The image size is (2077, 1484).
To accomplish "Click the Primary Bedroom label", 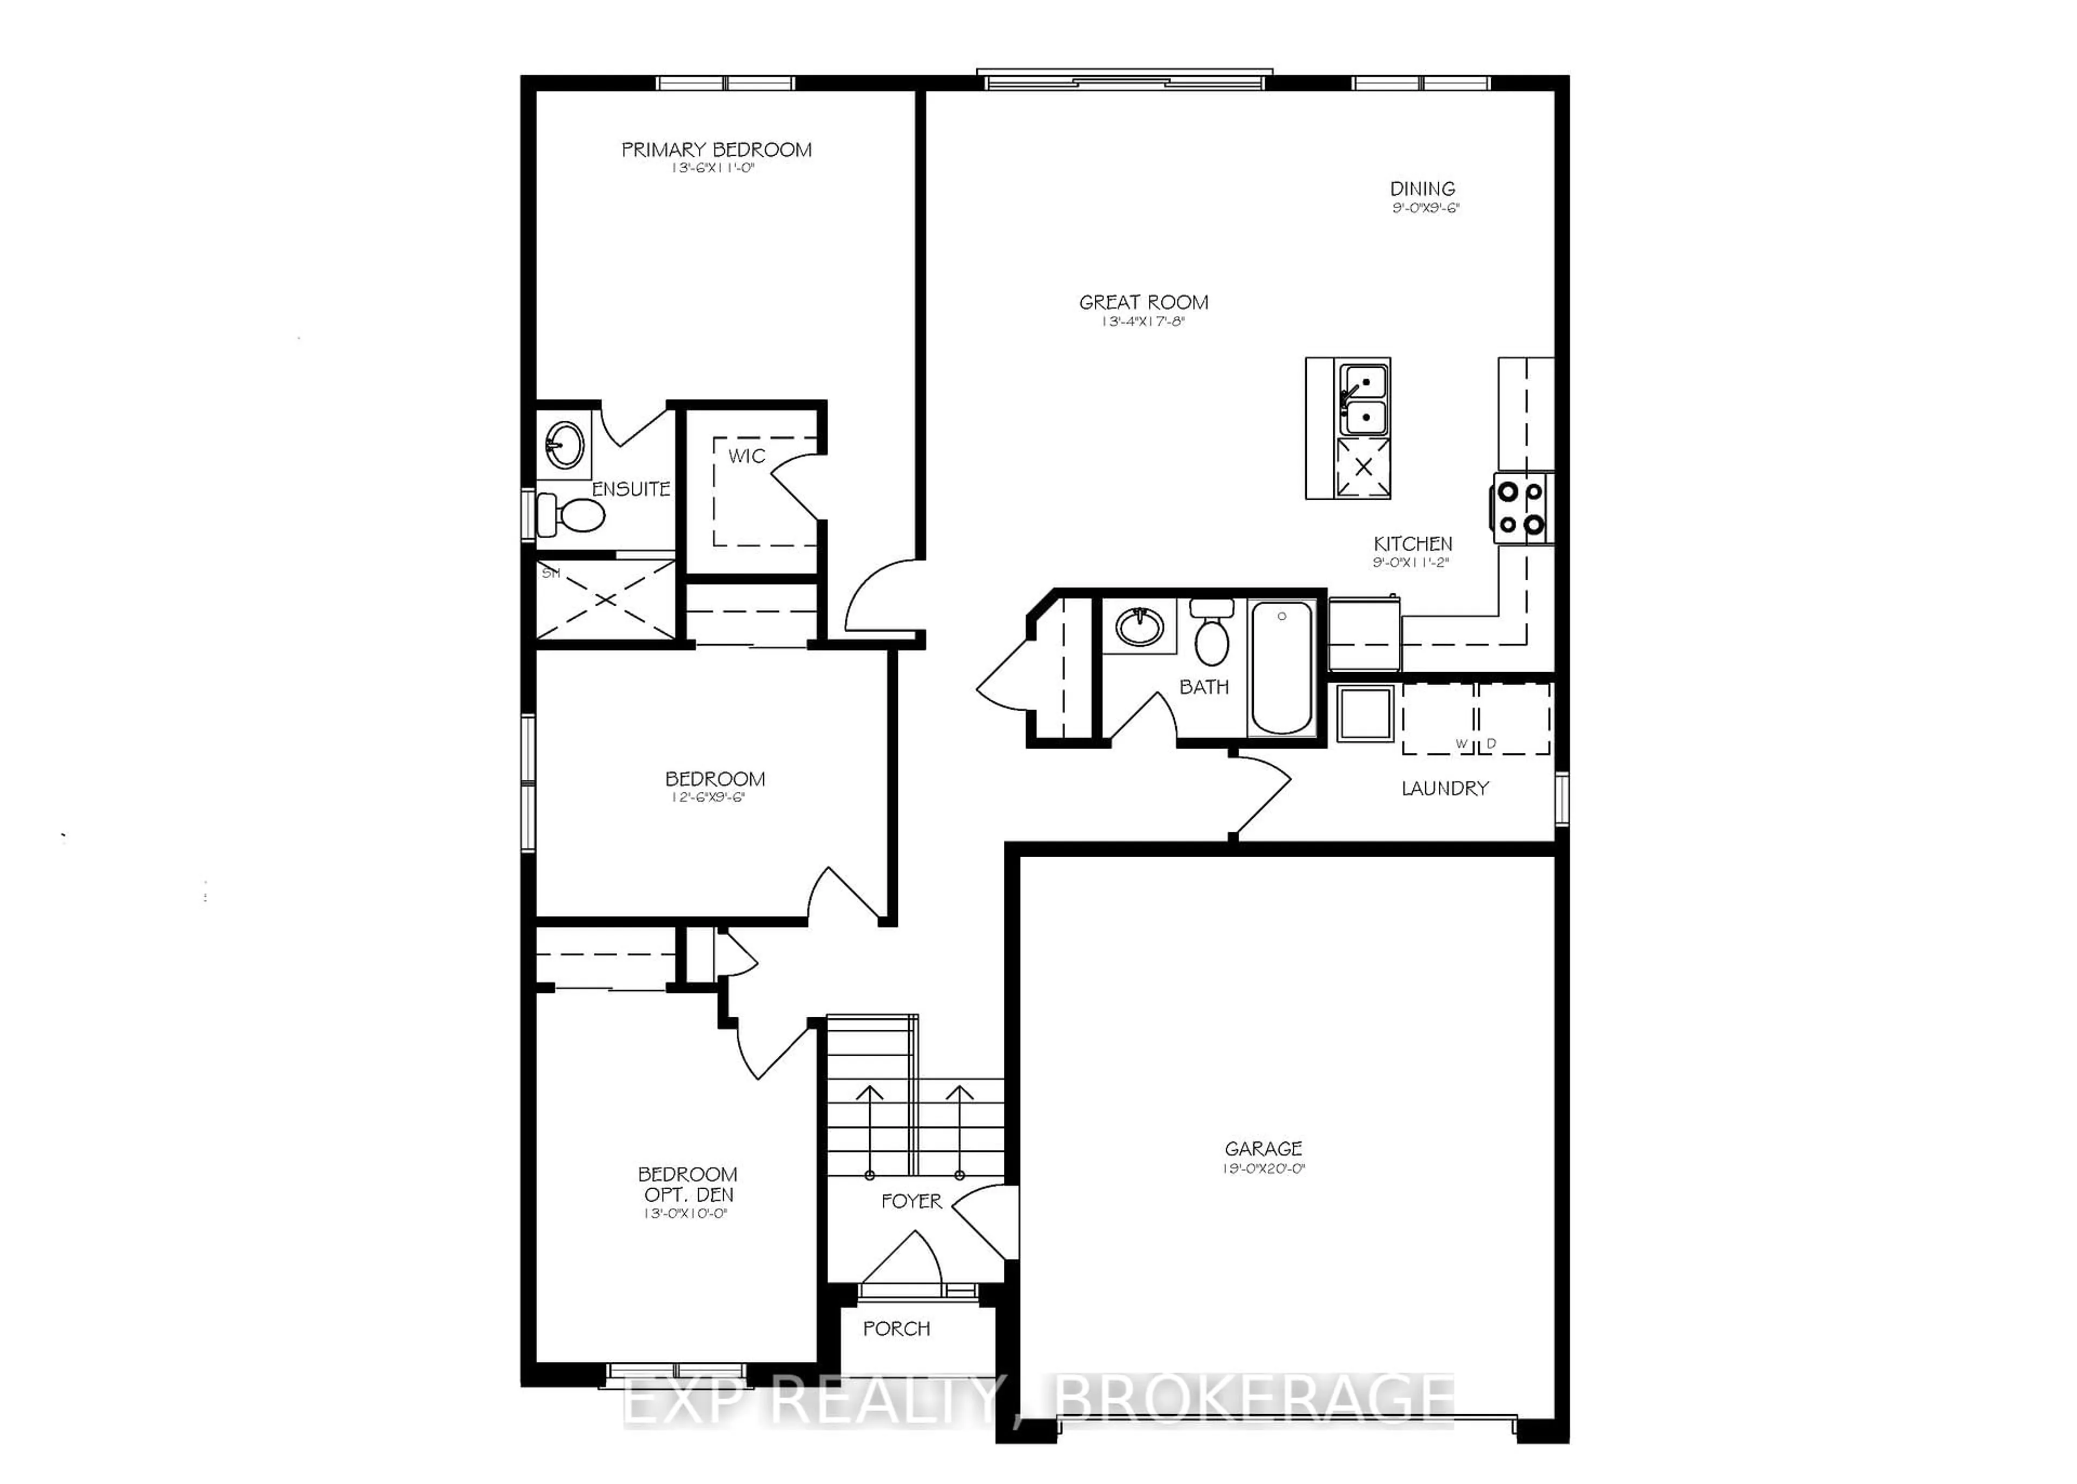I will [x=716, y=150].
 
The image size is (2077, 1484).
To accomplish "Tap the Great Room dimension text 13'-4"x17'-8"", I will [x=1142, y=322].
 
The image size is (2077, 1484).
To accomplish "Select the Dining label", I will [x=1422, y=189].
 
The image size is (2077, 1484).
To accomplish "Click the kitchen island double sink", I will [x=1362, y=399].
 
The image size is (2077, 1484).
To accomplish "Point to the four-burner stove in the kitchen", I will [x=1522, y=508].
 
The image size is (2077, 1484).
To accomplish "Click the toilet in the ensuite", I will [x=571, y=514].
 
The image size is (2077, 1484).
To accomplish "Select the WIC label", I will [x=746, y=456].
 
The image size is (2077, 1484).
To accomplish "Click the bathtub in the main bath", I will [x=1281, y=666].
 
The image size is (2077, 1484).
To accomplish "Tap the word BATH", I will [x=1203, y=687].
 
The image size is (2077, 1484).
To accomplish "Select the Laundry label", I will [x=1445, y=787].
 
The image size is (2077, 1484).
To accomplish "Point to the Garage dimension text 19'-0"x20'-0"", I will [x=1263, y=1169].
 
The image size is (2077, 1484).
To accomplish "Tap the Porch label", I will [x=896, y=1329].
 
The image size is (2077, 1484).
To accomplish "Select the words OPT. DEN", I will [x=688, y=1195].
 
